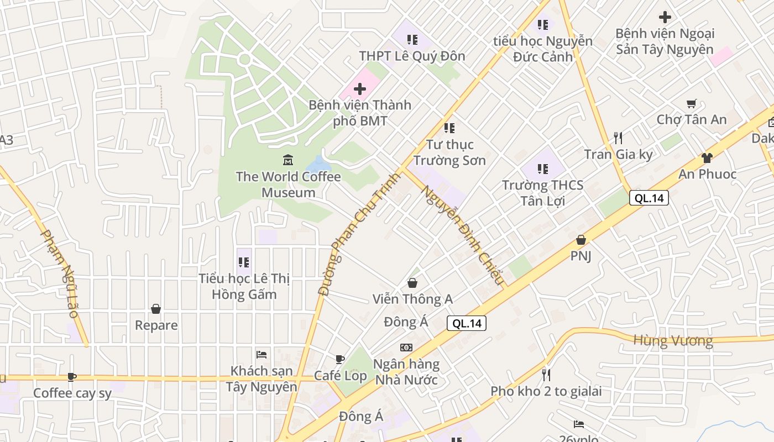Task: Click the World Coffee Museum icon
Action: pos(288,160)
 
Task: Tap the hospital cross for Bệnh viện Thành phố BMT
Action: pos(360,89)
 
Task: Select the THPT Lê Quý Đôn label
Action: pos(412,56)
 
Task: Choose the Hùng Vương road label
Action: pos(673,340)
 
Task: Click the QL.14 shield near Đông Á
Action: pos(467,324)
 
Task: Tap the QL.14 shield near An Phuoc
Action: pos(649,198)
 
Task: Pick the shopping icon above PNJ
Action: pos(581,240)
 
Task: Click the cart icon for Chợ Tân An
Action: pos(691,103)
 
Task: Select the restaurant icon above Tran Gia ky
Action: pos(618,138)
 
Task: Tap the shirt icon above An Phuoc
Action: pos(707,158)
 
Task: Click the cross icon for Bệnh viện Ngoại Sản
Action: pos(665,17)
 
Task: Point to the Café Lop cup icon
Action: pos(340,359)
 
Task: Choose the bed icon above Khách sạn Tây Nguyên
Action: pos(262,354)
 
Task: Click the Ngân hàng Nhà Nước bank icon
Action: pos(406,348)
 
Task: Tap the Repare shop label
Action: pos(156,325)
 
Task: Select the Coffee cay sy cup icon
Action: pos(71,377)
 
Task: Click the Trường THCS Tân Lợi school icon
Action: pos(543,169)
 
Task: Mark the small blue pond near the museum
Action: pos(318,164)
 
